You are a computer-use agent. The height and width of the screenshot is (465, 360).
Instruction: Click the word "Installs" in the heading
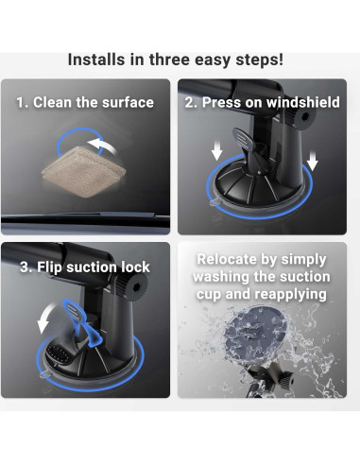(x=96, y=60)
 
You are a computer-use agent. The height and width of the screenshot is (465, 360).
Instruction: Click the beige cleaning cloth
(x=84, y=172)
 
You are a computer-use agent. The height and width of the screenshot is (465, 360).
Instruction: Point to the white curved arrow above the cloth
(x=103, y=146)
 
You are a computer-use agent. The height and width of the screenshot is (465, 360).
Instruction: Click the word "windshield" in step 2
(x=303, y=102)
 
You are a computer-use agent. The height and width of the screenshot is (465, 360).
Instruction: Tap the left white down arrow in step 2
(x=217, y=150)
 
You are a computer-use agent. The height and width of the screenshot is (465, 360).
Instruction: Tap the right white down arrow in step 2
(x=312, y=161)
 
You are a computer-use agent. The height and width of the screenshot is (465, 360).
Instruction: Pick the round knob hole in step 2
(x=304, y=116)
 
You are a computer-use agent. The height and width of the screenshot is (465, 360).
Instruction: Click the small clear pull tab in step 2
(x=214, y=202)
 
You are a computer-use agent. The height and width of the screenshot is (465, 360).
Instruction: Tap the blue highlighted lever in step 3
(x=82, y=323)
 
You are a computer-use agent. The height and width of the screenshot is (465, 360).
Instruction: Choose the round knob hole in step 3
(x=136, y=287)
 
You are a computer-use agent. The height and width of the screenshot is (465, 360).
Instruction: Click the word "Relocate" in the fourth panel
(x=227, y=259)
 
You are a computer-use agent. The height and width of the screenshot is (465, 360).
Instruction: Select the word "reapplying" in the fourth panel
(x=290, y=295)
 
